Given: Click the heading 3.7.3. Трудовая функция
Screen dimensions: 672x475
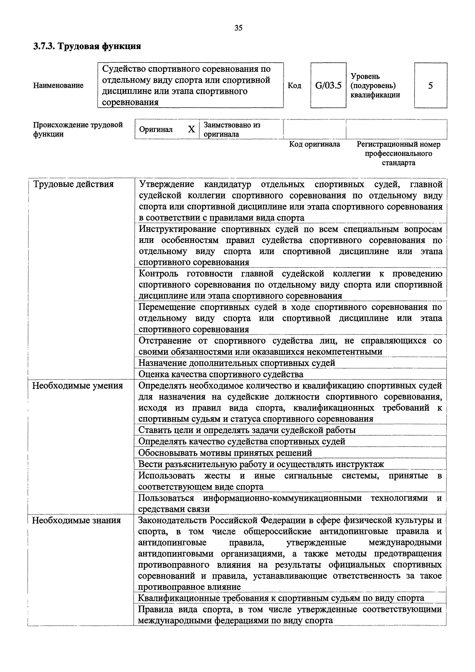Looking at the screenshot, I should click(x=87, y=46).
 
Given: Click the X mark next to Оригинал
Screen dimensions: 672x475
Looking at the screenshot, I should click(x=191, y=129).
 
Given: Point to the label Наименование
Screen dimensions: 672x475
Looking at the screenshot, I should click(x=58, y=85).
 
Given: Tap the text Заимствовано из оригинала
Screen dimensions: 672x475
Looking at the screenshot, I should click(x=232, y=129).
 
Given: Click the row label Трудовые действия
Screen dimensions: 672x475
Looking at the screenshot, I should click(x=73, y=184).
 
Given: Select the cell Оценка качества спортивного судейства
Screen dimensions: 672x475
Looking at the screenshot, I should click(x=221, y=374).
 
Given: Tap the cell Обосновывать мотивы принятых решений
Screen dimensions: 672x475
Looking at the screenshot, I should click(x=225, y=453).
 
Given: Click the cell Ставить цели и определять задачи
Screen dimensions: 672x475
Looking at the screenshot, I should click(x=247, y=430).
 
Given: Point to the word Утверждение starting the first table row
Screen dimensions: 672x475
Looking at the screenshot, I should click(x=166, y=184).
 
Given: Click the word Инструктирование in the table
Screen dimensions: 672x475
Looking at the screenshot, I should click(x=177, y=229).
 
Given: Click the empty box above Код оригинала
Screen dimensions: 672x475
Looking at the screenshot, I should click(x=315, y=129).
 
